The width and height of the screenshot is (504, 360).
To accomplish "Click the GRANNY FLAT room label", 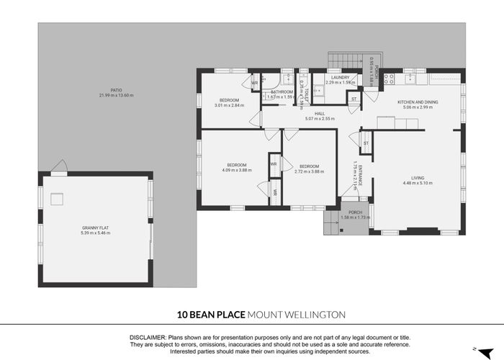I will (x=96, y=228).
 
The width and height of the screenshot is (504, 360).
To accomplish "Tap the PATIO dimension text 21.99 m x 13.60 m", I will (x=116, y=96).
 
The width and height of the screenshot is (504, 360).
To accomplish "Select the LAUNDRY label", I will (x=340, y=77).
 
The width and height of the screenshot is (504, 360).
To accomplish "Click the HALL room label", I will (x=320, y=113).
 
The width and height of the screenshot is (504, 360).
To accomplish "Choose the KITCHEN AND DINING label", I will (x=418, y=102).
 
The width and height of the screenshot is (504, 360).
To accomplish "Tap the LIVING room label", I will (x=418, y=177).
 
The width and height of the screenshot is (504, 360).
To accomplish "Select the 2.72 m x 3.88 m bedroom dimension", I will (x=309, y=171).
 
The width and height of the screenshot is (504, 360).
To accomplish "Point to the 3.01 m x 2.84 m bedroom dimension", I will (x=229, y=105).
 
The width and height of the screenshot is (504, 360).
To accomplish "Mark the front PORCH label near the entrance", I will (x=355, y=212).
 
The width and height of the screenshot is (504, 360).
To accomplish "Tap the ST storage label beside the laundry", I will (x=353, y=98).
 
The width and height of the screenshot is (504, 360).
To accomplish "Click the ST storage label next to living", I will (x=366, y=143).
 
